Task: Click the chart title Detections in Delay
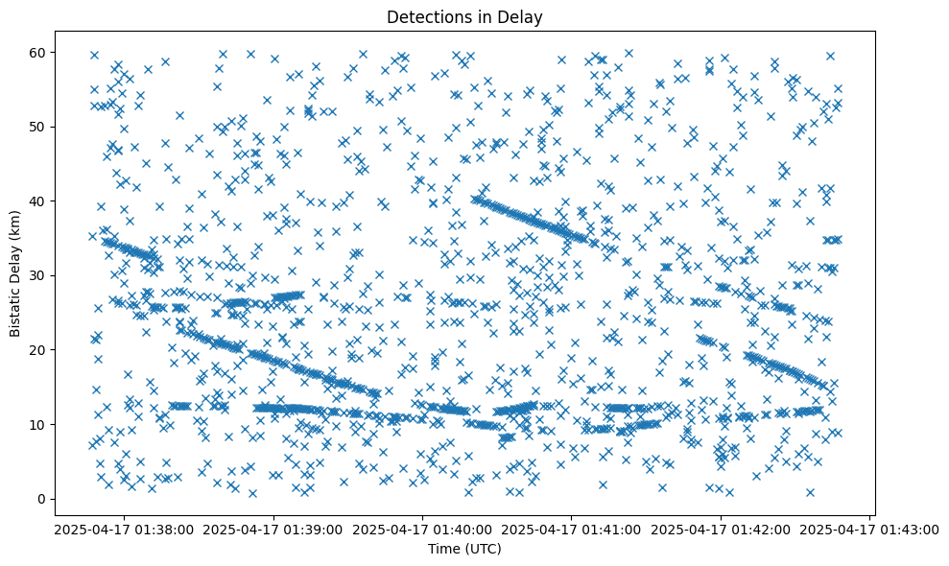point(465,16)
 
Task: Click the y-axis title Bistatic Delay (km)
point(16,275)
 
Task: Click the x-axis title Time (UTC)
point(465,549)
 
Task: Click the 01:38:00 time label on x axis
point(126,530)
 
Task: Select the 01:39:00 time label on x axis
point(274,530)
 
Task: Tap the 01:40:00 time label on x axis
point(423,530)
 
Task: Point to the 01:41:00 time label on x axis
point(572,530)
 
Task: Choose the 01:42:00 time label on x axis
point(721,530)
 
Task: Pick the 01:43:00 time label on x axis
point(869,530)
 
